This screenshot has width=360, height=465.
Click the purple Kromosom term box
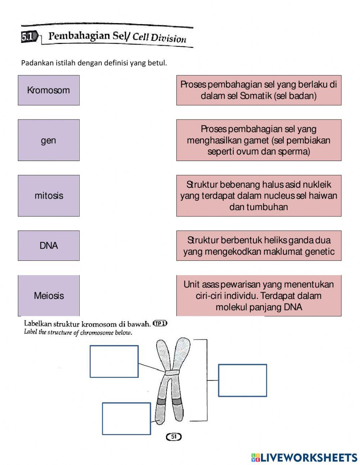(x=49, y=90)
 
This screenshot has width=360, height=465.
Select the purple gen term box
(x=49, y=140)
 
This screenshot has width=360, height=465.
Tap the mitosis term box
(x=49, y=196)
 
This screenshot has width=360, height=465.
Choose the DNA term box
(x=49, y=246)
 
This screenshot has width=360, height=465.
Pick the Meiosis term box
(x=49, y=296)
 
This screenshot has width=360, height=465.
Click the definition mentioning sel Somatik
(x=258, y=90)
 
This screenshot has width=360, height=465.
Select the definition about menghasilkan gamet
(x=258, y=140)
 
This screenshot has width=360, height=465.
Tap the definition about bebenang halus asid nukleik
(x=258, y=196)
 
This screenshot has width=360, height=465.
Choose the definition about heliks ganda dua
(x=258, y=246)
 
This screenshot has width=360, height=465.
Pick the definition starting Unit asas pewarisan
(x=258, y=296)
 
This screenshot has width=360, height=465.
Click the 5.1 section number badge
(x=28, y=37)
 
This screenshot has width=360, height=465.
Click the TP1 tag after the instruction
(x=160, y=323)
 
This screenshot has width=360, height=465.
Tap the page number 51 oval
(x=174, y=437)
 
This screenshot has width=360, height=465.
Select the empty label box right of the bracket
(x=242, y=380)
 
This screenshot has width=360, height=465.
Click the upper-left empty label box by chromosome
(x=114, y=361)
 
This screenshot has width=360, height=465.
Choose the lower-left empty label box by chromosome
(x=126, y=419)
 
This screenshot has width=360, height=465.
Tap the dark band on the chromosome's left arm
(x=162, y=401)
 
